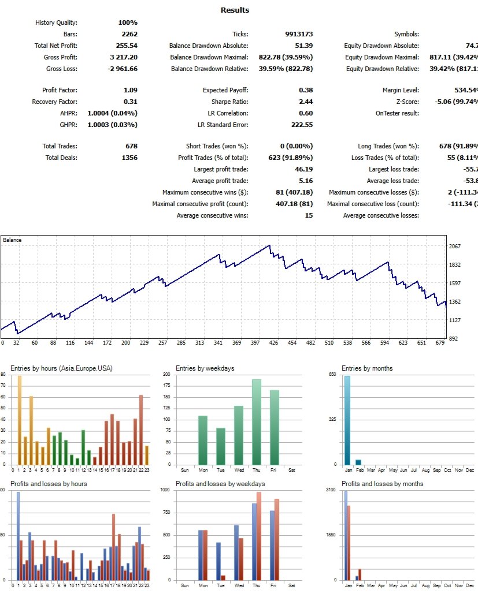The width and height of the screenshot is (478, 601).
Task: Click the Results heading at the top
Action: (x=235, y=10)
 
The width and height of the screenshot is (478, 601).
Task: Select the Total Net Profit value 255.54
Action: (x=126, y=46)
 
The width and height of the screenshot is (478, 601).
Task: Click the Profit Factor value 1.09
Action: (x=130, y=90)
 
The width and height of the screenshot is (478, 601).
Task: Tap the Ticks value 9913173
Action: (x=299, y=34)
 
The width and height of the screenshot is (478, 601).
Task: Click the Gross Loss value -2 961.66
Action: (x=121, y=69)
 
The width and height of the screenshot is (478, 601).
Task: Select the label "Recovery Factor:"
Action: (x=54, y=102)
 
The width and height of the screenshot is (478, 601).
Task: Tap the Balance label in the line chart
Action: (x=12, y=239)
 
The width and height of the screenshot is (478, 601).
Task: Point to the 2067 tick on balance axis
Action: (x=455, y=246)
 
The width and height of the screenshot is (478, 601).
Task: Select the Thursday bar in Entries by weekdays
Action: (x=256, y=422)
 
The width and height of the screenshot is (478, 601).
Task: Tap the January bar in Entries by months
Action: (x=347, y=420)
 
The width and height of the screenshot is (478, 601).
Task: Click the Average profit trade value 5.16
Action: (x=305, y=181)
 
